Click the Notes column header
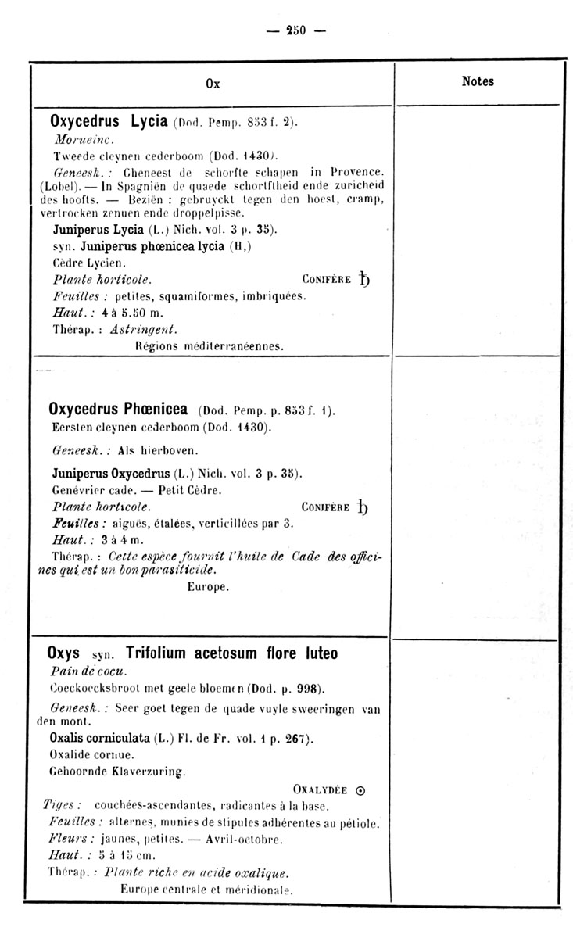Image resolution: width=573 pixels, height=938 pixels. pyautogui.click(x=478, y=81)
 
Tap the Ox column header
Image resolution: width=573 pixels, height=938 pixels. pyautogui.click(x=213, y=84)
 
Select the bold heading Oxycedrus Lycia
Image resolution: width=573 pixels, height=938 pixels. pyautogui.click(x=109, y=122)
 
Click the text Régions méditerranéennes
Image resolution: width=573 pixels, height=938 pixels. pyautogui.click(x=210, y=344)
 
